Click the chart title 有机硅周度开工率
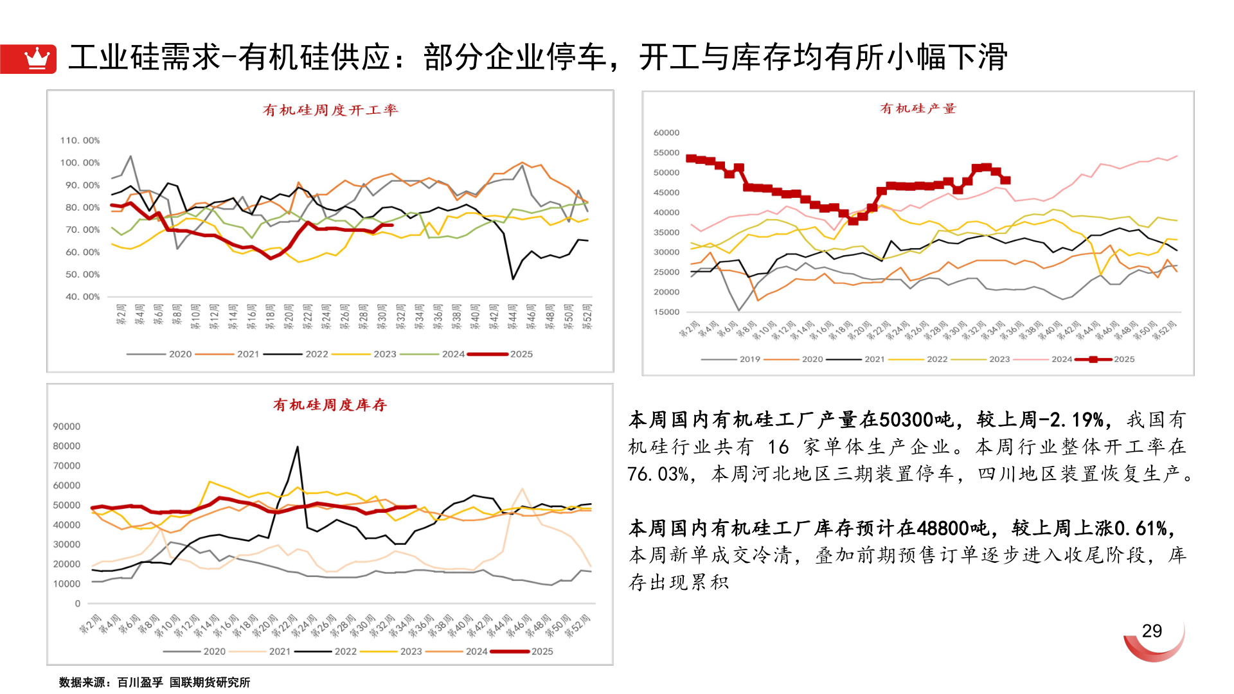330,110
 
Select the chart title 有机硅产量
918,109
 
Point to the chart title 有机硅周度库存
330,405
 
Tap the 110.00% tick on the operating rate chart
80,140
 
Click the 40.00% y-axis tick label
82,296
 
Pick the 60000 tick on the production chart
666,132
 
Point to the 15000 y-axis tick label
666,312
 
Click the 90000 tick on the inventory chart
67,426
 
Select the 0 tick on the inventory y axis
78,603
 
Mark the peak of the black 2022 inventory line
297,447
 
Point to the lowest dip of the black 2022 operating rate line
513,278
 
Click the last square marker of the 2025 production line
1006,181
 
